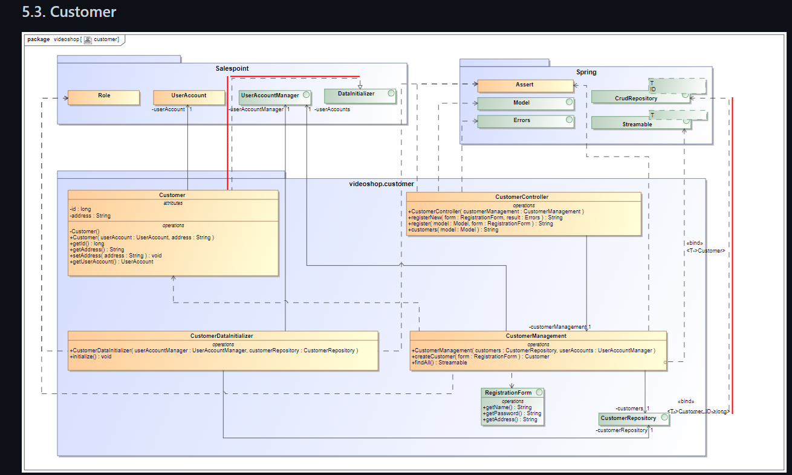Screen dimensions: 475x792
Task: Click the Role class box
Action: click(x=103, y=97)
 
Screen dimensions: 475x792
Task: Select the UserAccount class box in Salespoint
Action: click(x=189, y=97)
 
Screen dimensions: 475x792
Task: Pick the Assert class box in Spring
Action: click(x=525, y=86)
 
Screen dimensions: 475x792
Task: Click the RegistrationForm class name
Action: click(x=508, y=393)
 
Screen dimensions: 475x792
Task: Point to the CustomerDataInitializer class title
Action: click(x=222, y=336)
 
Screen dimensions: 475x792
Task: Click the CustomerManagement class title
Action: click(x=536, y=336)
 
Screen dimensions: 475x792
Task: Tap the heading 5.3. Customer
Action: click(x=69, y=11)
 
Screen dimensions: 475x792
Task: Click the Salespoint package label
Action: click(x=232, y=69)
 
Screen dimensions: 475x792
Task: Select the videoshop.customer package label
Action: click(x=381, y=184)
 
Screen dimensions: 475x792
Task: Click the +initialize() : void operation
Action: click(x=91, y=357)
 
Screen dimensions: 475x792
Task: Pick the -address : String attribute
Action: click(x=90, y=216)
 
